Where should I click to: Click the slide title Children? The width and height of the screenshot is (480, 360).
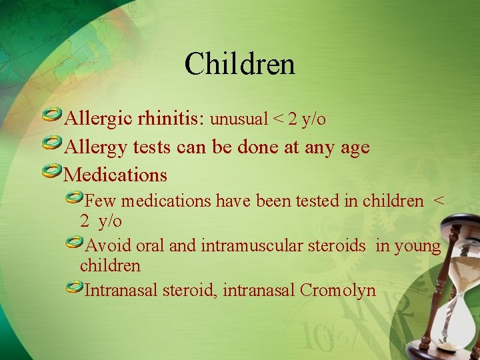click(x=240, y=65)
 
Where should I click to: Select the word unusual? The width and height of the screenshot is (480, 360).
click(x=238, y=119)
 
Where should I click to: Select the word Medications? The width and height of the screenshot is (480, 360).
click(x=115, y=175)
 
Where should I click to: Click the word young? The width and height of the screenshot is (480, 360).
click(x=417, y=246)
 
